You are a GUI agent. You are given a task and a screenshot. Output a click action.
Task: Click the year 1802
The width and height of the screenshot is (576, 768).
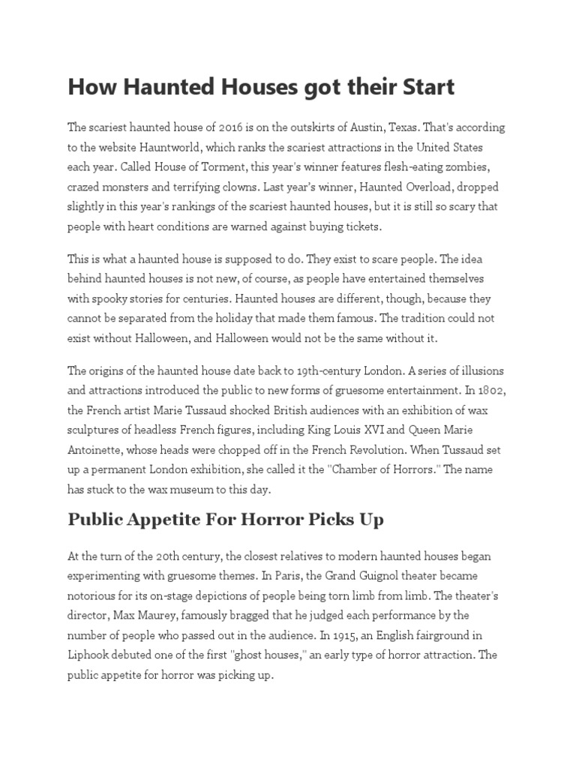click(491, 390)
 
